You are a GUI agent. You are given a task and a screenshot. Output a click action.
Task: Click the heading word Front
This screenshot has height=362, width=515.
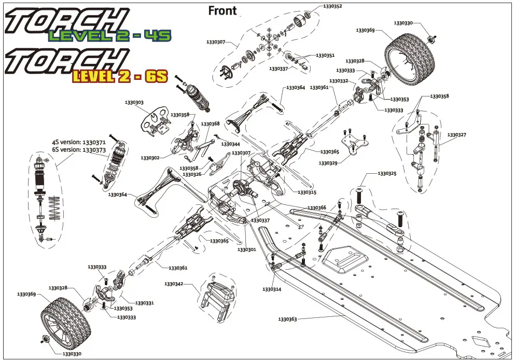pyautogui.click(x=222, y=10)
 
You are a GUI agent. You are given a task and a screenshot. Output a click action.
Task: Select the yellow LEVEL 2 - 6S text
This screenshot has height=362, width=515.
pyautogui.click(x=120, y=77)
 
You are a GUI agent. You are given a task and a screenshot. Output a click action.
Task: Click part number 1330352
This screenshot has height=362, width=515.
pyautogui.click(x=332, y=6)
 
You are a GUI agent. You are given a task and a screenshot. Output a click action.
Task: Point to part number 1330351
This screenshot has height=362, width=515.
pyautogui.click(x=325, y=55)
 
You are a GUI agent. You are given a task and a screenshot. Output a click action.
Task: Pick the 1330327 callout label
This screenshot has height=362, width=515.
pyautogui.click(x=457, y=135)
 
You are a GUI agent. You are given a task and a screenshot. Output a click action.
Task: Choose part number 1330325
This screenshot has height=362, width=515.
pyautogui.click(x=387, y=173)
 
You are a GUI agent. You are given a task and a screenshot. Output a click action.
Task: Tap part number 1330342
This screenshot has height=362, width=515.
pyautogui.click(x=174, y=284)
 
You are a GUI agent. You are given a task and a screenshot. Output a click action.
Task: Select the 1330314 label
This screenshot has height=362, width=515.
pyautogui.click(x=271, y=289)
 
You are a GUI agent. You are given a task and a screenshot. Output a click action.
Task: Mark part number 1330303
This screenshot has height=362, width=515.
pyautogui.click(x=134, y=103)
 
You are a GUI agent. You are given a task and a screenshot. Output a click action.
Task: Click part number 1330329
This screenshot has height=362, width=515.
pyautogui.click(x=328, y=163)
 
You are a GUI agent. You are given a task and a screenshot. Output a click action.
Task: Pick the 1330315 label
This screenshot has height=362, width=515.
pyautogui.click(x=307, y=192)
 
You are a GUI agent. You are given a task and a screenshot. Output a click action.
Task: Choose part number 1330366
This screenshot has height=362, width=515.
pyautogui.click(x=316, y=207)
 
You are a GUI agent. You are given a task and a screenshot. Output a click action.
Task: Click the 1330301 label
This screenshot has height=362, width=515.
pyautogui.click(x=247, y=249)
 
